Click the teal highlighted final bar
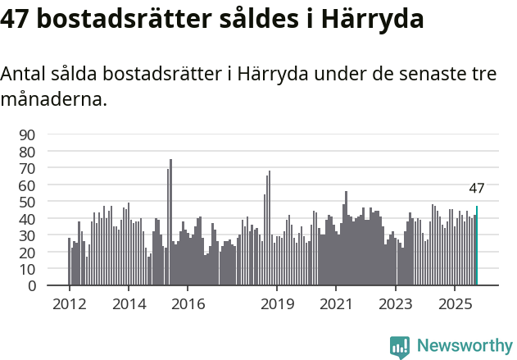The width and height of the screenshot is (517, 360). point(477,246)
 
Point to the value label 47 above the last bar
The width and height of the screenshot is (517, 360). point(477,189)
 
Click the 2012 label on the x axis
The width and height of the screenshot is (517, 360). point(69,303)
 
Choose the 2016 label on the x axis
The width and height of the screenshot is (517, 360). point(188,303)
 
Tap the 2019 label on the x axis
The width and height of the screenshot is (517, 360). point(277,303)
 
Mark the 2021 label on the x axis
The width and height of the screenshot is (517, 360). point(336,303)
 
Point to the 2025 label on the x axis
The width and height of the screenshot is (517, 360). point(455,303)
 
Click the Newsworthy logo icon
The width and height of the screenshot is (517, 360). point(400,346)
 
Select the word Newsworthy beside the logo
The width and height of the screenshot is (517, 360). point(464,346)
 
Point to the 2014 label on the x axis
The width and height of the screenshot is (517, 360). point(128,303)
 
